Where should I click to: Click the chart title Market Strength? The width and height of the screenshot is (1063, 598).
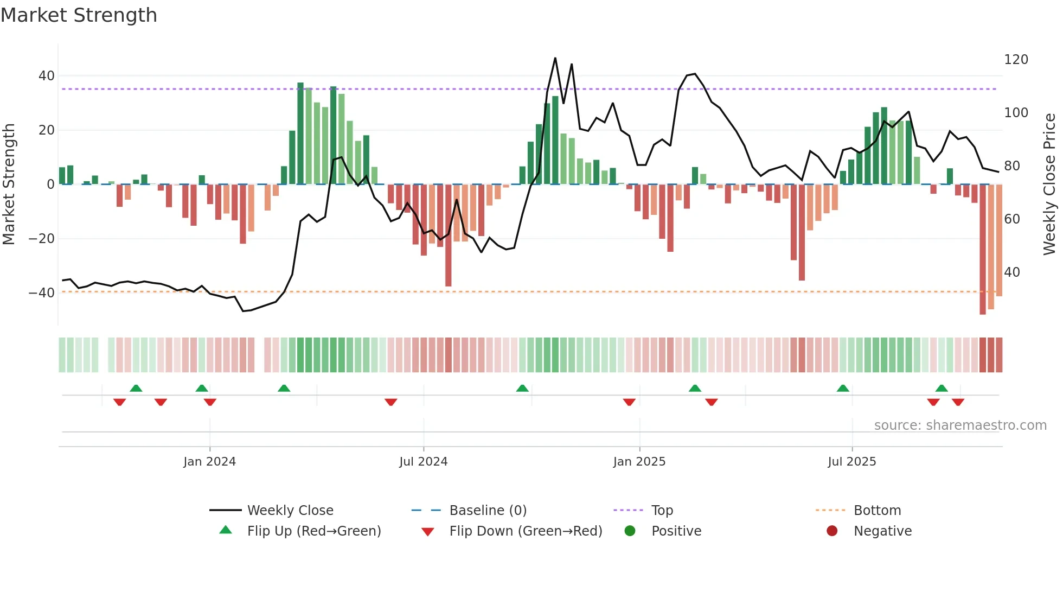[79, 15]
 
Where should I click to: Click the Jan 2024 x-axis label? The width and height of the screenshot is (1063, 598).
[209, 462]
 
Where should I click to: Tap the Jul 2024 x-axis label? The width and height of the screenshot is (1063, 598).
[423, 462]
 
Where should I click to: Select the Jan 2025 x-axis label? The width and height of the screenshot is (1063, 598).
[639, 462]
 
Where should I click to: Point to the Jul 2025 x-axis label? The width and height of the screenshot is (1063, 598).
[851, 462]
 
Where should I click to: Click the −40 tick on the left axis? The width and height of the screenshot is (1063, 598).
[42, 293]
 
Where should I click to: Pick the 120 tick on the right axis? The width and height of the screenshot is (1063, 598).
[1015, 60]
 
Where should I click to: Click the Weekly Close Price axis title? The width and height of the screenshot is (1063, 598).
[1049, 185]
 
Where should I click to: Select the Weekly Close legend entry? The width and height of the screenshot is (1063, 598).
[290, 511]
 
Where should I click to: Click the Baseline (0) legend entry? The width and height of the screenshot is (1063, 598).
[488, 511]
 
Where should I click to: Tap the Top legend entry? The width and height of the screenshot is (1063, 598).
[662, 511]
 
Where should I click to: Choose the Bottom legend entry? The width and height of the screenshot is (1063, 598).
[877, 511]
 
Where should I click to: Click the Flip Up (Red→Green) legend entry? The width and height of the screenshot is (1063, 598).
[313, 531]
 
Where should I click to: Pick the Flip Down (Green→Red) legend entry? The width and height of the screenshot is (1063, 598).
[525, 531]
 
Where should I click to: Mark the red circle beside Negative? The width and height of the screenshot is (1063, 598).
[831, 531]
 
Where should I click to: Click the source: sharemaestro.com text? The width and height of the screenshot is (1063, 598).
[960, 425]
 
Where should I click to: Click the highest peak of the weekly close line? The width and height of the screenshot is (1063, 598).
[555, 58]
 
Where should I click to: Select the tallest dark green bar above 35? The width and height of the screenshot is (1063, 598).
[300, 133]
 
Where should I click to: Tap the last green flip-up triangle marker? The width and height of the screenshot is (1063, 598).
[942, 389]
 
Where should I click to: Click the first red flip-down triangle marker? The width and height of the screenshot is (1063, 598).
[120, 402]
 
